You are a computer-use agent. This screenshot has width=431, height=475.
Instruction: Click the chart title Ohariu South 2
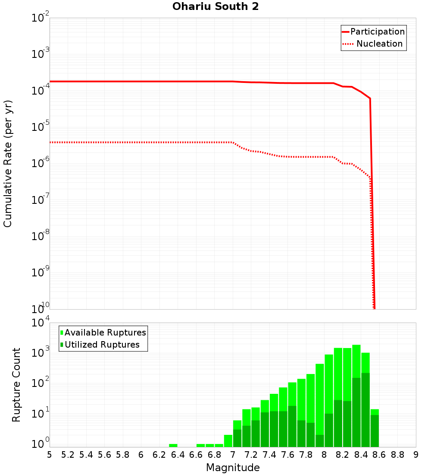215,7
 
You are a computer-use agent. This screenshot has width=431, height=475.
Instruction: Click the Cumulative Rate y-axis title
8,164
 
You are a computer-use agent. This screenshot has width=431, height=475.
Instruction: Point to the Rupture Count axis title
16,384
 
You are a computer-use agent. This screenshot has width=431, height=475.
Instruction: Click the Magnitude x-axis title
233,468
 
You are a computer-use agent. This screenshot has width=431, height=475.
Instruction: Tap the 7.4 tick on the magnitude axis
269,455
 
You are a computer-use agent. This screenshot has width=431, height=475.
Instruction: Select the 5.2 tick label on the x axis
68,455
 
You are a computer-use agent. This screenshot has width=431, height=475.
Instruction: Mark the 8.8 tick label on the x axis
397,455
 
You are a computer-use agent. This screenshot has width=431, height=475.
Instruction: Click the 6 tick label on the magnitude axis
141,455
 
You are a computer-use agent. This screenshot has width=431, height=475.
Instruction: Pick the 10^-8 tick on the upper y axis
41,236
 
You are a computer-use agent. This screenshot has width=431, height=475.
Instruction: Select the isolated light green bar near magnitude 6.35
173,445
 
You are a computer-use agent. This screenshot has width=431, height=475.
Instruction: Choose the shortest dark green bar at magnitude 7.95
320,440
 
